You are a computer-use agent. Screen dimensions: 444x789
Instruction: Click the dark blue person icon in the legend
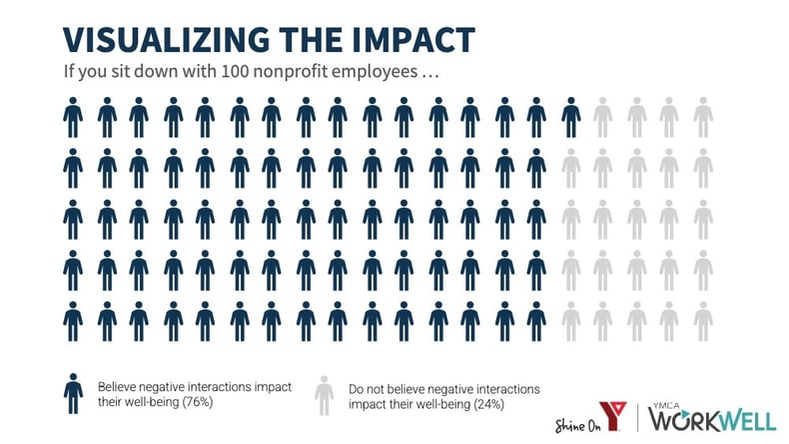(72, 394)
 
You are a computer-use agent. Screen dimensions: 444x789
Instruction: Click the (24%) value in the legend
(482, 404)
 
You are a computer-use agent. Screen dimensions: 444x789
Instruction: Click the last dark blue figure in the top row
(570, 117)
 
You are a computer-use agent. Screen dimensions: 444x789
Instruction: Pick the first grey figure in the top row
(603, 117)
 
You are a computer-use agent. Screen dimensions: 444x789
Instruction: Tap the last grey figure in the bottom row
(703, 321)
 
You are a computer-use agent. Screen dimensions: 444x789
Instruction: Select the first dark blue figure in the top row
(72, 117)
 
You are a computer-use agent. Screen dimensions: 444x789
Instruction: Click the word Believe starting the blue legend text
(118, 385)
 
